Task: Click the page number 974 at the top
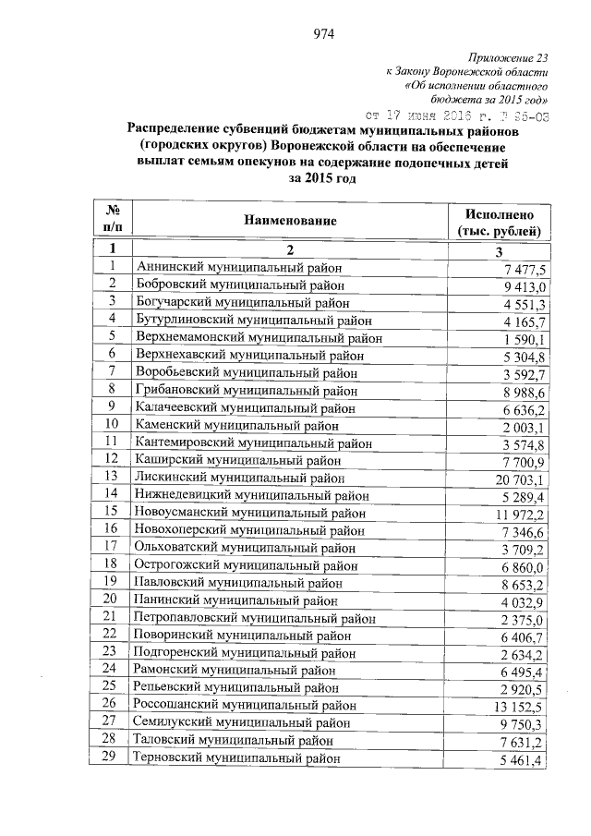322,35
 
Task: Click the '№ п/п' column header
112,219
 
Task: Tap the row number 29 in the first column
112,757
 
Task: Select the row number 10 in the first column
112,425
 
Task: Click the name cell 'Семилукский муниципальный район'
243,723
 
